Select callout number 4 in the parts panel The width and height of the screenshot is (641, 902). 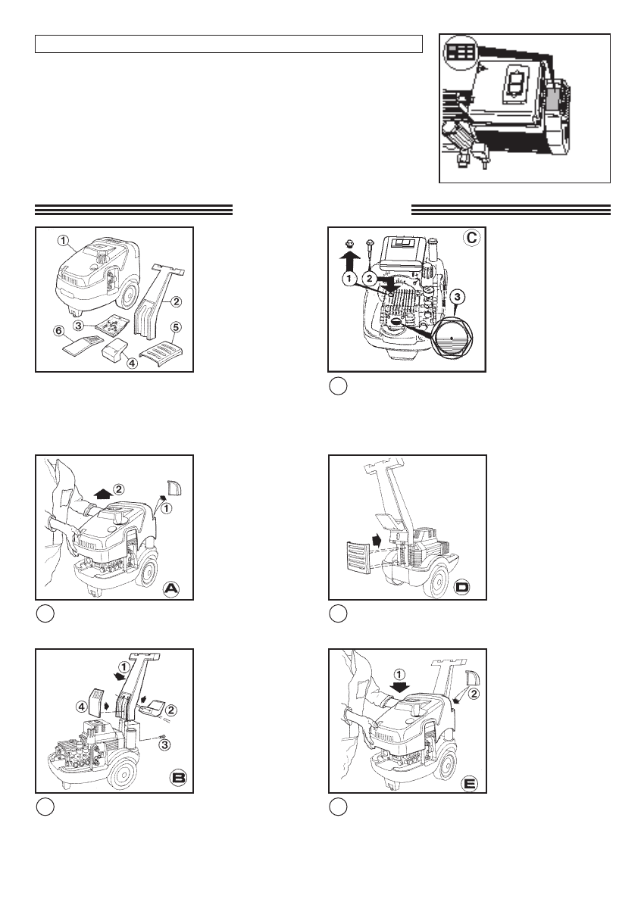132,363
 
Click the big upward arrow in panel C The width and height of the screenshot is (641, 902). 349,262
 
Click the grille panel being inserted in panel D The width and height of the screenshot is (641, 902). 353,559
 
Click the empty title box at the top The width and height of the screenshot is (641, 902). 228,43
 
